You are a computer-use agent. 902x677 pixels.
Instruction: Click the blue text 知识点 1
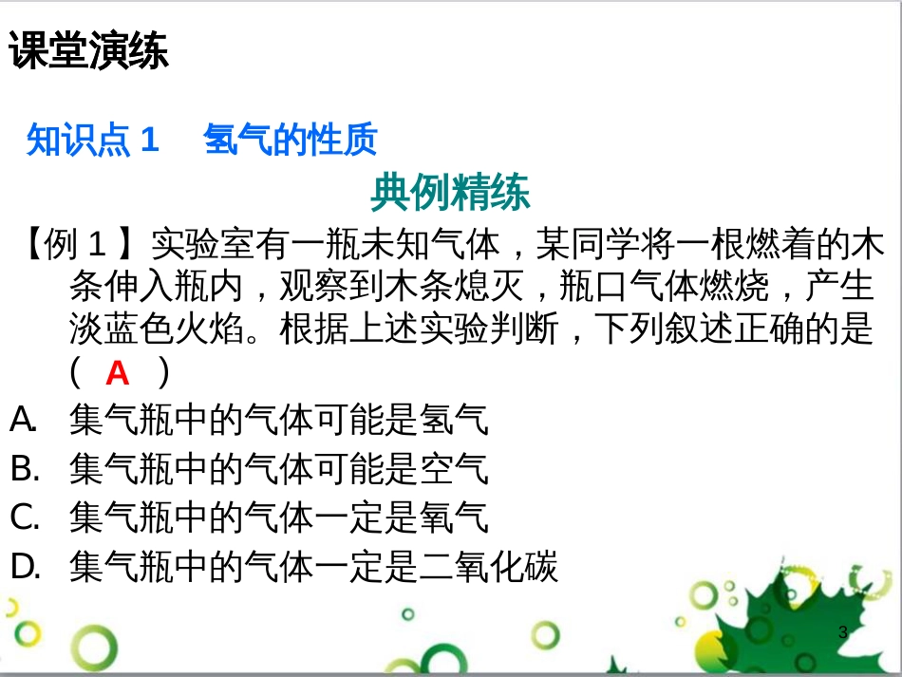[x=92, y=141]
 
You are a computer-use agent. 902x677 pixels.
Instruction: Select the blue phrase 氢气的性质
[x=291, y=141]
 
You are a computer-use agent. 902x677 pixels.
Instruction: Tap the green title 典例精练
[x=450, y=193]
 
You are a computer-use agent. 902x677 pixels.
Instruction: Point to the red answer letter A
[x=117, y=374]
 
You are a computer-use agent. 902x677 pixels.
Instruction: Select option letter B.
[x=25, y=468]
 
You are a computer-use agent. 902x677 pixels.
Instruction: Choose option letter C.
[x=25, y=517]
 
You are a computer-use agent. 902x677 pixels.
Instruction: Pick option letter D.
[x=25, y=567]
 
